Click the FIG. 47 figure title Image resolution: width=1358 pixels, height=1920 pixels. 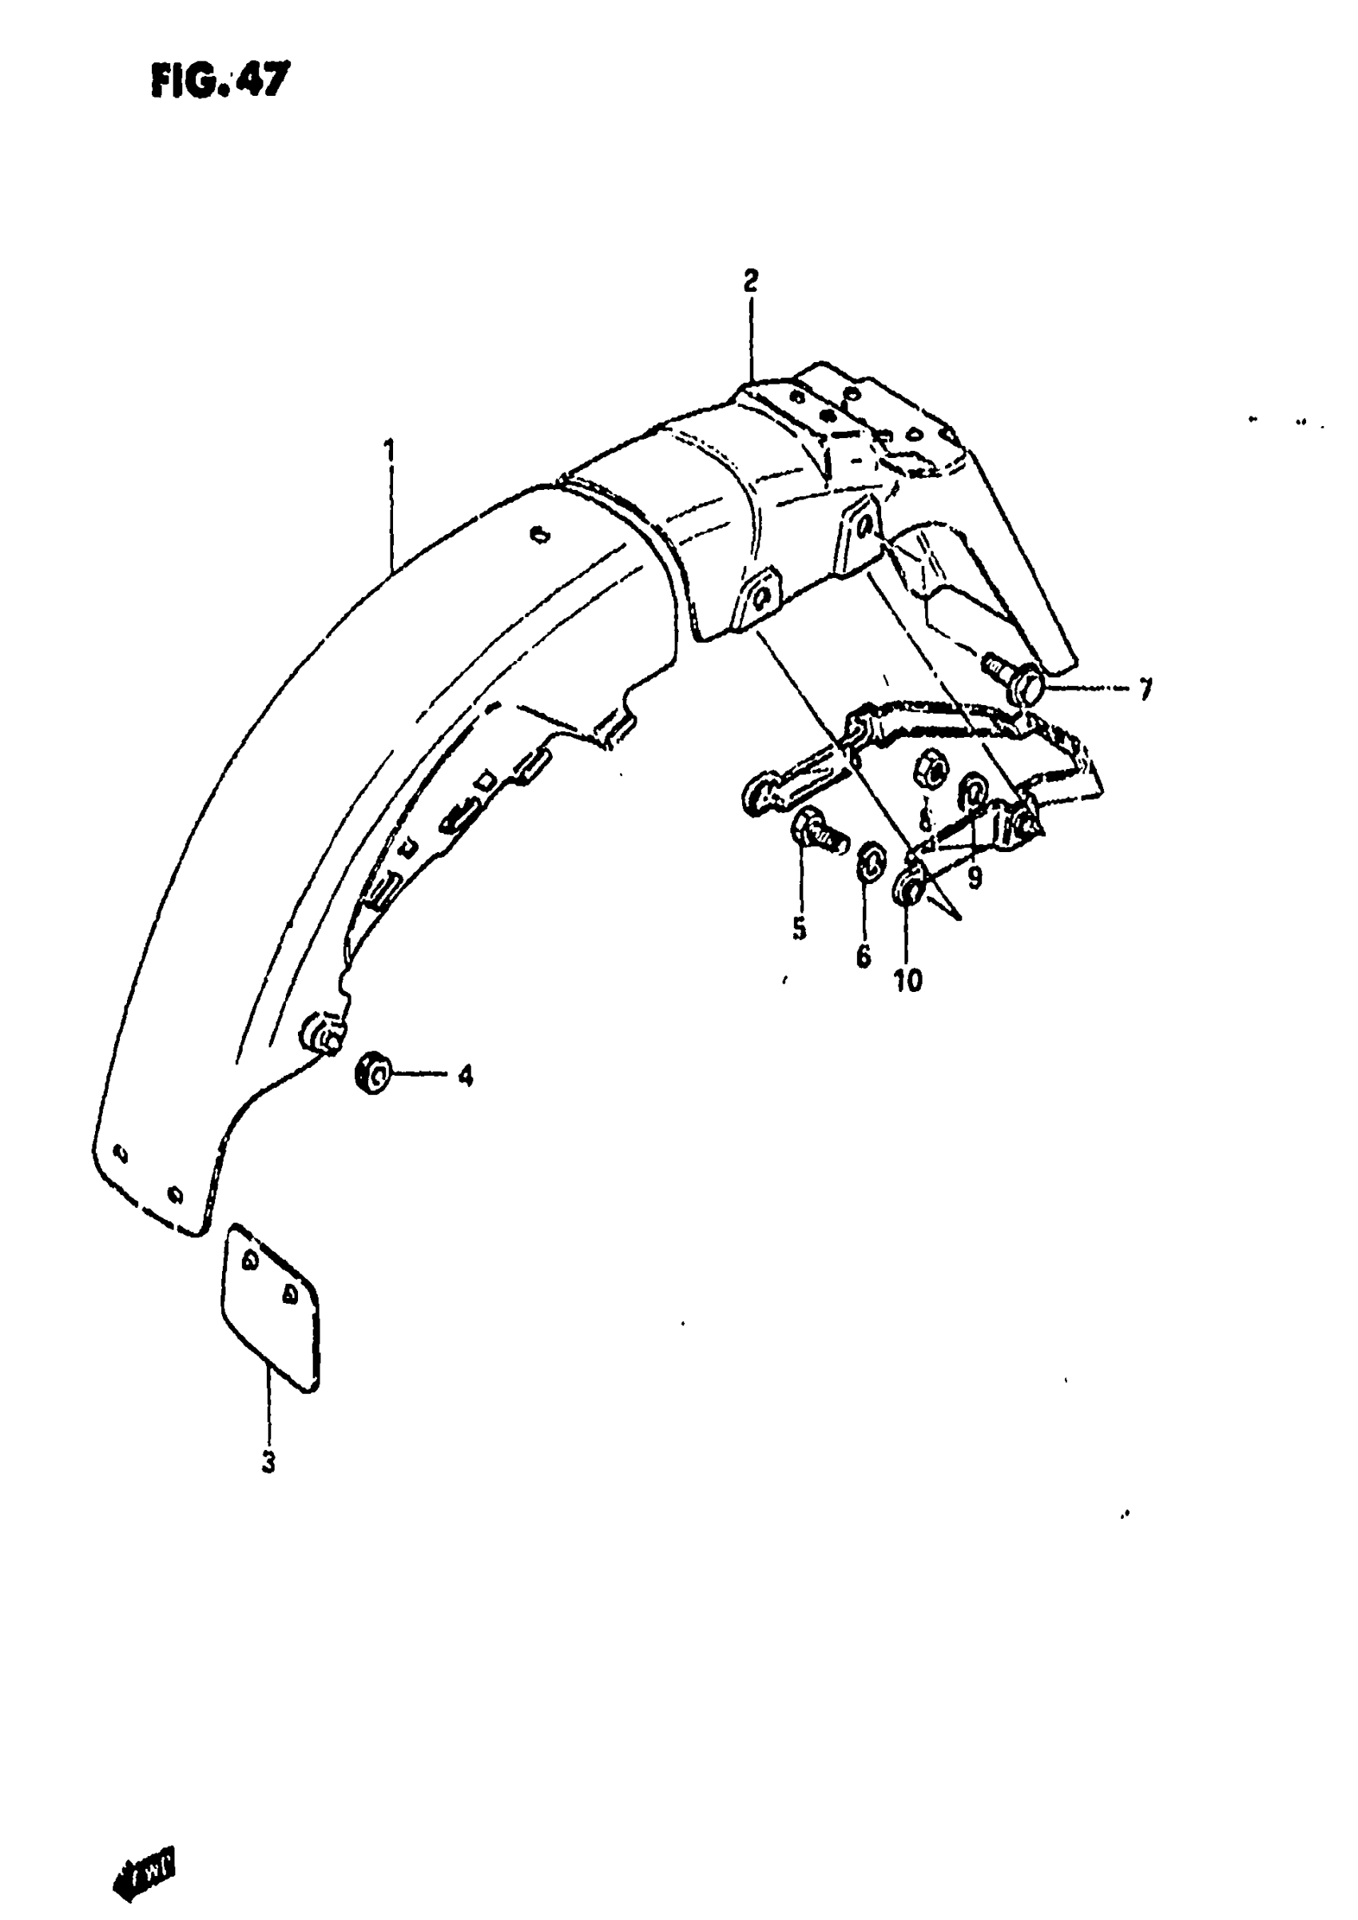point(220,82)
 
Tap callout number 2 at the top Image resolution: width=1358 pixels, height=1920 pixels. point(750,281)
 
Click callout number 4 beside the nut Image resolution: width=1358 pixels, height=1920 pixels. point(465,1075)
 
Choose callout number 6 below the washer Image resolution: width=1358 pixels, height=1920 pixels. point(863,955)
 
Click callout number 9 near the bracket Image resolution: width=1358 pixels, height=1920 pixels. point(975,878)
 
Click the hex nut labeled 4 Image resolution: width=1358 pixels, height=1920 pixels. point(373,1073)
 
